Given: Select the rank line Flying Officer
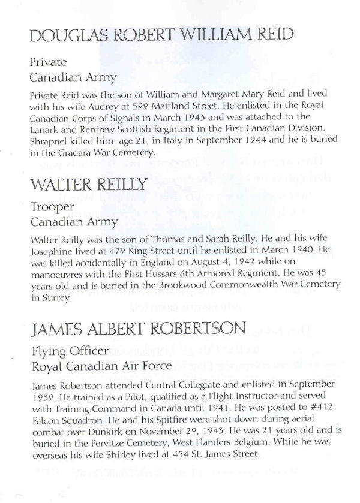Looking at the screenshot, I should (x=67, y=352).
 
